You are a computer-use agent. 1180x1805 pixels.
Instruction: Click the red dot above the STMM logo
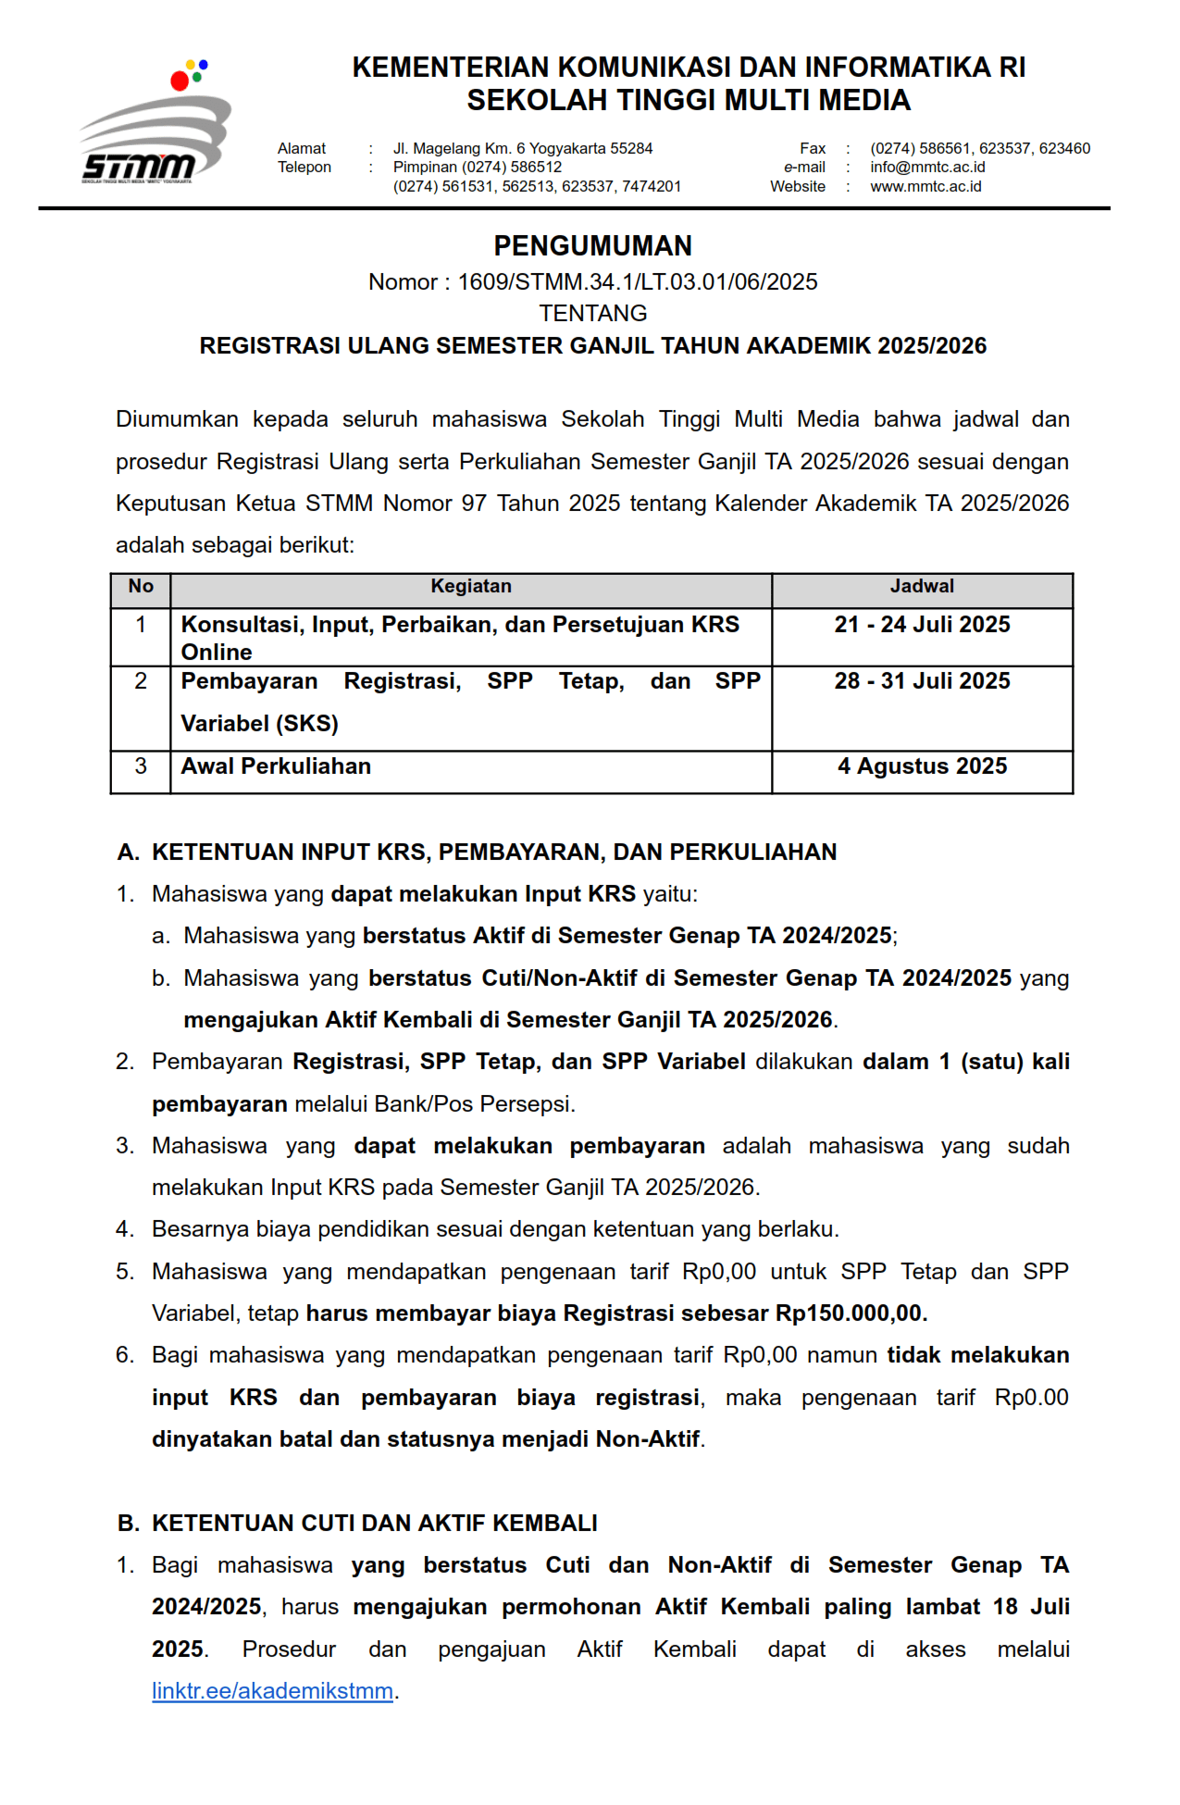(180, 81)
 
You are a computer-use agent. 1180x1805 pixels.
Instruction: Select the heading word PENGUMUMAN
(592, 246)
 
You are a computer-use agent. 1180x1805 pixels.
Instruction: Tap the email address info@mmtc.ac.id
(927, 168)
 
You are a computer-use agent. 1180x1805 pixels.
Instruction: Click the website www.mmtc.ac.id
(925, 187)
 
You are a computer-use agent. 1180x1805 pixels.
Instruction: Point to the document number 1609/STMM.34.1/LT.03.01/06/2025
(637, 282)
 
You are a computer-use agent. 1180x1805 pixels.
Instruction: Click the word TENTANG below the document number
(592, 314)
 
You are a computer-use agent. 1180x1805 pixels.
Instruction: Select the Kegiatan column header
(470, 587)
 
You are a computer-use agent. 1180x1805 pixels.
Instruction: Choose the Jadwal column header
(922, 587)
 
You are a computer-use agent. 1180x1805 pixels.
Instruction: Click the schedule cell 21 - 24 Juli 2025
(922, 625)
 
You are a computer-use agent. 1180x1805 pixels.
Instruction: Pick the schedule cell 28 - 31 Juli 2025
(922, 681)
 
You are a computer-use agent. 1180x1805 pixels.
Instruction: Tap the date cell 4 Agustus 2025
(922, 766)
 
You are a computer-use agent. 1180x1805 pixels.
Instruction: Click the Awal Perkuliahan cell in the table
(276, 766)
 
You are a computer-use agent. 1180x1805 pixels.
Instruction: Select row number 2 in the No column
(141, 681)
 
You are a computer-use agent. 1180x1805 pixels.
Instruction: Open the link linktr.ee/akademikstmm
(272, 1691)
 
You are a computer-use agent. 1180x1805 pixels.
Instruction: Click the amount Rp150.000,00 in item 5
(849, 1313)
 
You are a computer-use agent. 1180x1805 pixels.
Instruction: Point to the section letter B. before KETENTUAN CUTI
(129, 1524)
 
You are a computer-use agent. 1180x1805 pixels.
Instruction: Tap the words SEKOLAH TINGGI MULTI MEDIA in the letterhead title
(689, 100)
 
